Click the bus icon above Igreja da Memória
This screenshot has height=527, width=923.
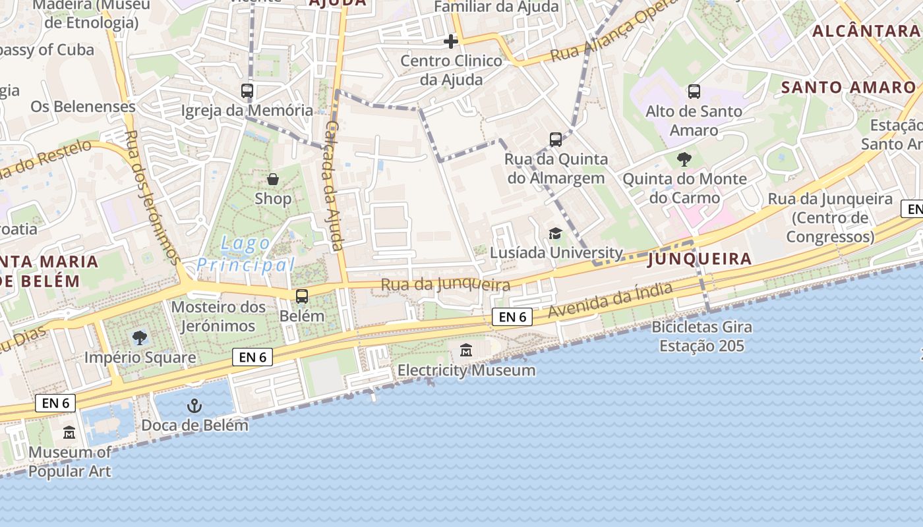[x=247, y=91]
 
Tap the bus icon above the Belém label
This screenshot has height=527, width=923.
[x=302, y=296]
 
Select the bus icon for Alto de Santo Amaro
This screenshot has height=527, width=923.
[x=694, y=92]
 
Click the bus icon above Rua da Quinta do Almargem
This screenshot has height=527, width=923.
[x=556, y=139]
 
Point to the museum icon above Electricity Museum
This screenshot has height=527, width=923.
[x=466, y=350]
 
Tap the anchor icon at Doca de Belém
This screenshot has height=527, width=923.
[x=194, y=405]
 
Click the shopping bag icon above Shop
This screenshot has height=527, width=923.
[x=272, y=179]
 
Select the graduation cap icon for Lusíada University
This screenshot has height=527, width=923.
[x=555, y=234]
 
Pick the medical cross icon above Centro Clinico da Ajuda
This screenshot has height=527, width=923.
[x=451, y=42]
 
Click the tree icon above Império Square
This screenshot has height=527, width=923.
[x=140, y=338]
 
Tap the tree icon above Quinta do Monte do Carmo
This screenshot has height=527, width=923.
[x=684, y=159]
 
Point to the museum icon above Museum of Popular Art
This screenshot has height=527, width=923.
[x=69, y=433]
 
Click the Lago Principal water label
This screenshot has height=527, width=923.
[x=245, y=254]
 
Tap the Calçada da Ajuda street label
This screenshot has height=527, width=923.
[x=334, y=186]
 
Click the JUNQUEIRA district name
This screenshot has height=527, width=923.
[x=700, y=259]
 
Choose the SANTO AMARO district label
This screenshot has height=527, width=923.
[x=849, y=88]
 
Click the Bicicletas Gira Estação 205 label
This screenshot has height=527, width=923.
[x=701, y=336]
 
